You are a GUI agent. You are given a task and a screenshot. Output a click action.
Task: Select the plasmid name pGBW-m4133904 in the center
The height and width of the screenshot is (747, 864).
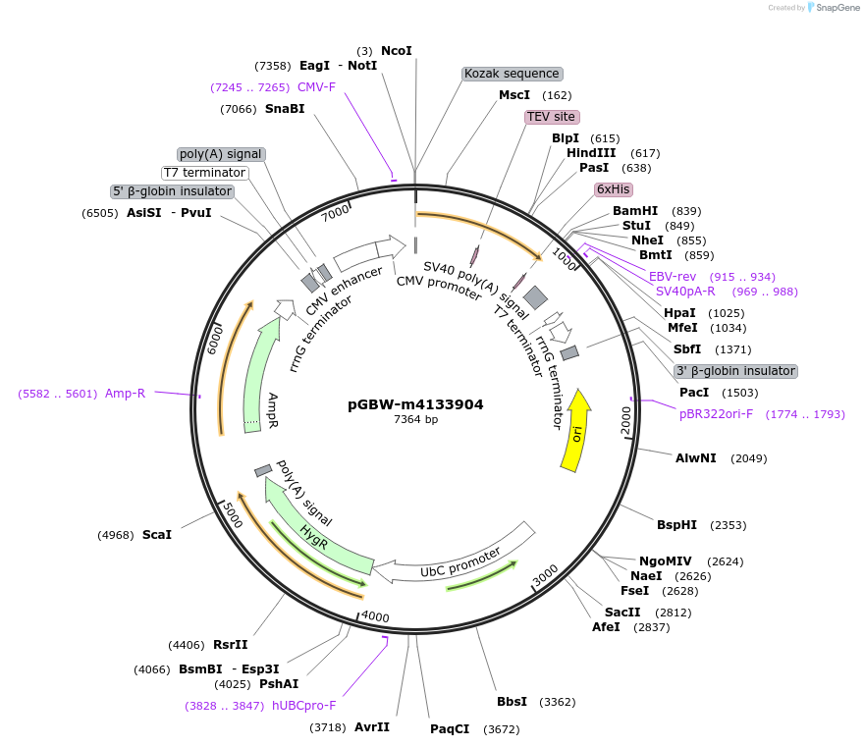point(415,404)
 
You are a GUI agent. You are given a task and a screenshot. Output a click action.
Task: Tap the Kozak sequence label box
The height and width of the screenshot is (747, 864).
point(512,74)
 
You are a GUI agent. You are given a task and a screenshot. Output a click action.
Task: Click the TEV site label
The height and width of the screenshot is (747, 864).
point(551,117)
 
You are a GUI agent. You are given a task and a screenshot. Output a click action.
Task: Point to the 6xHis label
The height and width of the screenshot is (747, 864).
point(613,189)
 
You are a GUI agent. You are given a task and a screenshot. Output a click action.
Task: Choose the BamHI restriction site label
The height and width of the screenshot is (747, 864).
point(635,211)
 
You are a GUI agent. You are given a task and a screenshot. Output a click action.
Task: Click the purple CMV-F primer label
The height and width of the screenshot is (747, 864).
point(316,87)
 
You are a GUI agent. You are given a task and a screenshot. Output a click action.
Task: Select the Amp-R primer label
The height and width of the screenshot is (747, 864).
point(125,394)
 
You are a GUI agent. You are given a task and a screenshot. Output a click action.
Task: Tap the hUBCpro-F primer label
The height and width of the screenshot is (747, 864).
point(303,706)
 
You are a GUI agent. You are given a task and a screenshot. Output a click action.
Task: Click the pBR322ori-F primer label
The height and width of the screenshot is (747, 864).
point(717,414)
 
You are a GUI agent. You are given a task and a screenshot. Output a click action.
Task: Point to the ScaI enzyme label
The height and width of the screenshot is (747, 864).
point(156,535)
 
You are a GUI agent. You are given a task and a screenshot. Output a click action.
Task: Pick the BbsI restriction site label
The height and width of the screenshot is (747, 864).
point(512,702)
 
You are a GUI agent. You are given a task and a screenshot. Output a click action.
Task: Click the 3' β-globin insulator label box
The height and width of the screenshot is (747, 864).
point(734,371)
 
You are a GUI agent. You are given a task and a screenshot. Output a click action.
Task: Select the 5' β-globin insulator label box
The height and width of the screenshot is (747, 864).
point(172,191)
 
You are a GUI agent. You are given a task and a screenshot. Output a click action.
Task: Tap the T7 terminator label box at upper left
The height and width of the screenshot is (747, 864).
point(204,173)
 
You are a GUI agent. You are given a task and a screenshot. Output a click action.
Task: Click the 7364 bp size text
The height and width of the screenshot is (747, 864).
point(415,420)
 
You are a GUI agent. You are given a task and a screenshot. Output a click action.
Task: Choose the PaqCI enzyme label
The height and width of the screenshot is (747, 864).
point(450,729)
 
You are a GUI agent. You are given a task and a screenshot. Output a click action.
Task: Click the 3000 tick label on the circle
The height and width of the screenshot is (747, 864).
point(546,576)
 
